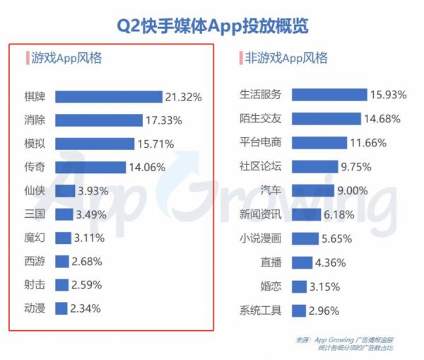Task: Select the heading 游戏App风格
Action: [x=66, y=59]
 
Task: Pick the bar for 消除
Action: [x=100, y=120]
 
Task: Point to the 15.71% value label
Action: [x=155, y=144]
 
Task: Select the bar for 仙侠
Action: [x=65, y=191]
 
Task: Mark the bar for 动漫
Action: [x=61, y=308]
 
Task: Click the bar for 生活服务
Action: [x=329, y=95]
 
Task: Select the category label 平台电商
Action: [x=261, y=142]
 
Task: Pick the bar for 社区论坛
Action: [x=314, y=166]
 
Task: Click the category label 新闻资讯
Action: [x=261, y=214]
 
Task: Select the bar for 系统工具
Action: [x=298, y=310]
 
